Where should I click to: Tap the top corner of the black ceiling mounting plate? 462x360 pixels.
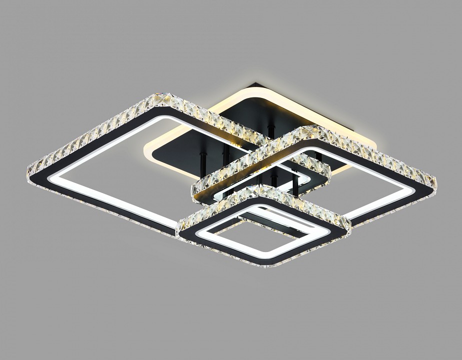pos(256,84)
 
